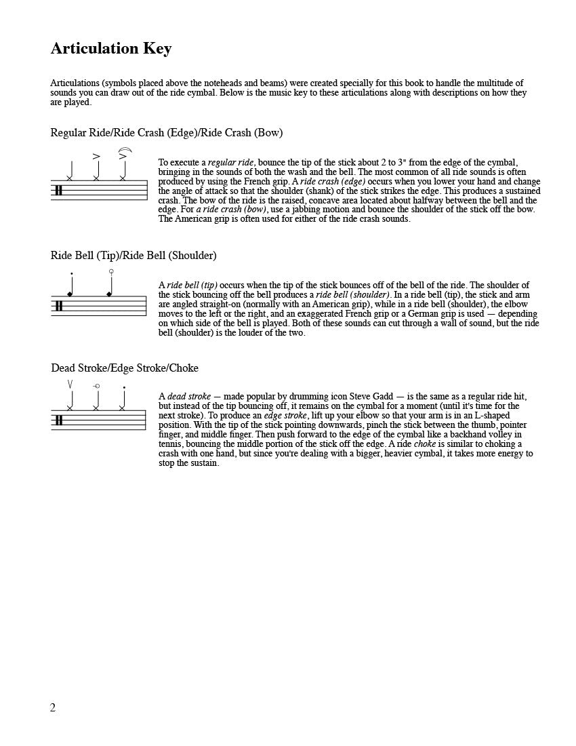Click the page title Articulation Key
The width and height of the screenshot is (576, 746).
pyautogui.click(x=111, y=49)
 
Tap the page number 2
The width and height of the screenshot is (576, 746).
pyautogui.click(x=53, y=708)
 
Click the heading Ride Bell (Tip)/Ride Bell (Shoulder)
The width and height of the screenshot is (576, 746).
pyautogui.click(x=133, y=256)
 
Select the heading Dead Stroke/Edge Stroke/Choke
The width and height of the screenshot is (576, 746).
pyautogui.click(x=125, y=368)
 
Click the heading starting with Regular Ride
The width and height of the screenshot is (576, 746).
pyautogui.click(x=166, y=133)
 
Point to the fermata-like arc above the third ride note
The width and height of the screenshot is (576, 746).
pyautogui.click(x=124, y=150)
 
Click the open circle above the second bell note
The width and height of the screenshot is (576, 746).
pyautogui.click(x=111, y=271)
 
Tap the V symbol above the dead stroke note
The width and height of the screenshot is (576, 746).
pyautogui.click(x=70, y=385)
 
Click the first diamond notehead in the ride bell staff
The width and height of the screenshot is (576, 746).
pyautogui.click(x=70, y=294)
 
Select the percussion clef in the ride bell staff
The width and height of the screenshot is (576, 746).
pyautogui.click(x=59, y=306)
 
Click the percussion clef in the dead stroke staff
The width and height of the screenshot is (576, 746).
pyautogui.click(x=59, y=420)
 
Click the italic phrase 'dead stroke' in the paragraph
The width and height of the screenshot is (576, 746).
pyautogui.click(x=189, y=397)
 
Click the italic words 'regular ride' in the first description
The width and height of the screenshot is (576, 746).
pyautogui.click(x=231, y=163)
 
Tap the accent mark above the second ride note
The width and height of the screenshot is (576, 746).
pyautogui.click(x=96, y=157)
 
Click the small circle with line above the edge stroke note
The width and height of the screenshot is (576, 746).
pyautogui.click(x=96, y=386)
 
